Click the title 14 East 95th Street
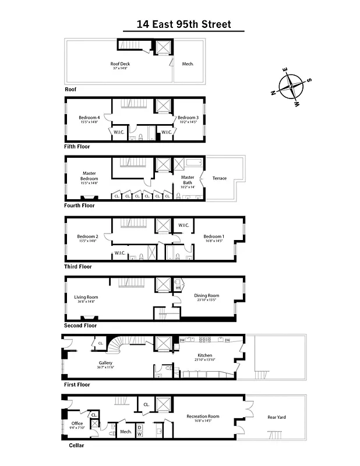pyautogui.click(x=183, y=24)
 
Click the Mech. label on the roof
pyautogui.click(x=188, y=63)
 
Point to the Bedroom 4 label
pyautogui.click(x=89, y=118)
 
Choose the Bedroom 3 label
pyautogui.click(x=188, y=118)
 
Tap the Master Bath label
pyautogui.click(x=188, y=179)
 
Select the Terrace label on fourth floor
pyautogui.click(x=220, y=178)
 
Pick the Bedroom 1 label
pyautogui.click(x=214, y=236)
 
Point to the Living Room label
pyautogui.click(x=86, y=297)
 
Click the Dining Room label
pyautogui.click(x=206, y=296)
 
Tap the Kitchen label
pyautogui.click(x=204, y=355)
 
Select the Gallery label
pyautogui.click(x=105, y=363)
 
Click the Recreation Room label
pyautogui.click(x=203, y=416)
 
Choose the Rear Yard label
pyautogui.click(x=276, y=416)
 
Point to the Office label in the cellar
pyautogui.click(x=77, y=423)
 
